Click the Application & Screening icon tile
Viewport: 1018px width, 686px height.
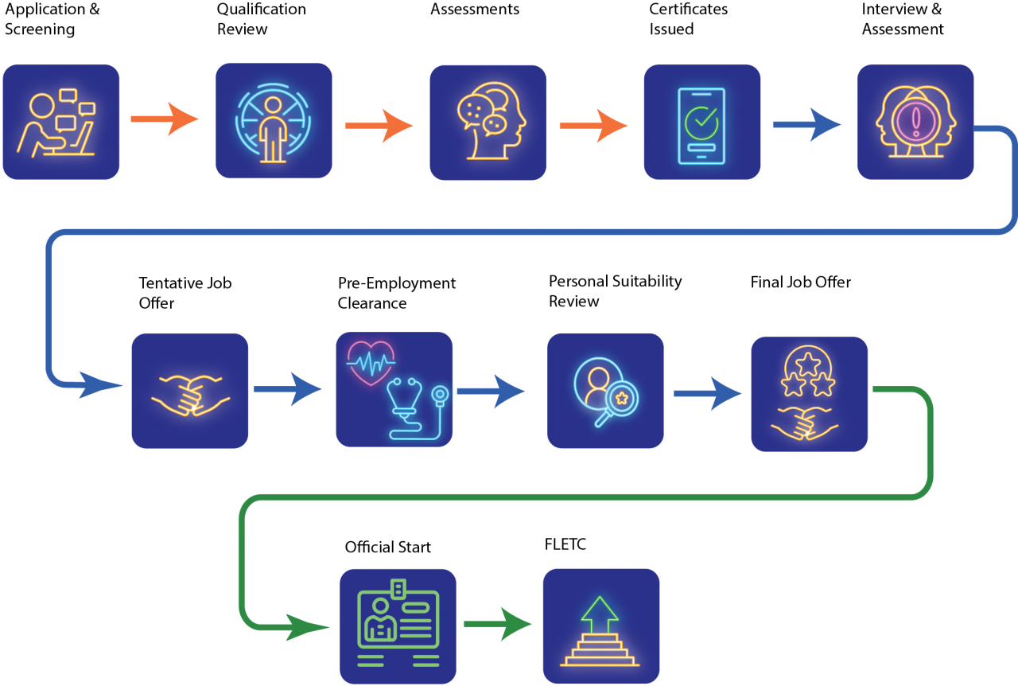tap(61, 122)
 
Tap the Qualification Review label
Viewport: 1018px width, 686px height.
tap(262, 18)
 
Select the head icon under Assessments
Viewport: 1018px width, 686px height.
tap(492, 121)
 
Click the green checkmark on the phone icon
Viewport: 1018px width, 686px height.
tap(701, 123)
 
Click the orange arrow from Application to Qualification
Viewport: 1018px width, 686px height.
tap(165, 119)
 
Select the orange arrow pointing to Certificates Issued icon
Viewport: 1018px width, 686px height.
tap(593, 126)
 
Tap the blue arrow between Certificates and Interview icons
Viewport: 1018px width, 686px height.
tap(807, 125)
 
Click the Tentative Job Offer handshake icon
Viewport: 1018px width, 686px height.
tap(190, 396)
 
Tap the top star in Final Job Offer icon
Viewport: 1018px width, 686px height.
tap(807, 364)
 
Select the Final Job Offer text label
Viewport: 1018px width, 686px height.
tap(801, 282)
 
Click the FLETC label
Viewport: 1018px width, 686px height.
tap(565, 544)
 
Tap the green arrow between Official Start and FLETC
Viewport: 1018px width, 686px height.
tap(498, 624)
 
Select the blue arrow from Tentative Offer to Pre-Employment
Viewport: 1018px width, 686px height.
tap(288, 389)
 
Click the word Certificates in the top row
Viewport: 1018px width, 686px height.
tap(689, 9)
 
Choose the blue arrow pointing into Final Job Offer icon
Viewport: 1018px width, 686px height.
tap(708, 393)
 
